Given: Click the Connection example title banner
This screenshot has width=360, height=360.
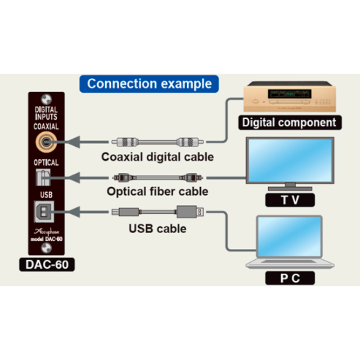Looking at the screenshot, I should point(149,84).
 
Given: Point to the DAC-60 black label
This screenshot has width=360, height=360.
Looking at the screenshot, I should point(47,265).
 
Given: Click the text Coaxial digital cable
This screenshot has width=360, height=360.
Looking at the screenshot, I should point(157,157).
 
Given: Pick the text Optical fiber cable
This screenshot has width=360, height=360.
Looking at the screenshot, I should point(157,191).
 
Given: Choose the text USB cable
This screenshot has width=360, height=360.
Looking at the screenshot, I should point(157,229).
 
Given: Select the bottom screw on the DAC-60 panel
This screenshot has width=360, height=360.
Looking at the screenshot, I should point(46,249).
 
